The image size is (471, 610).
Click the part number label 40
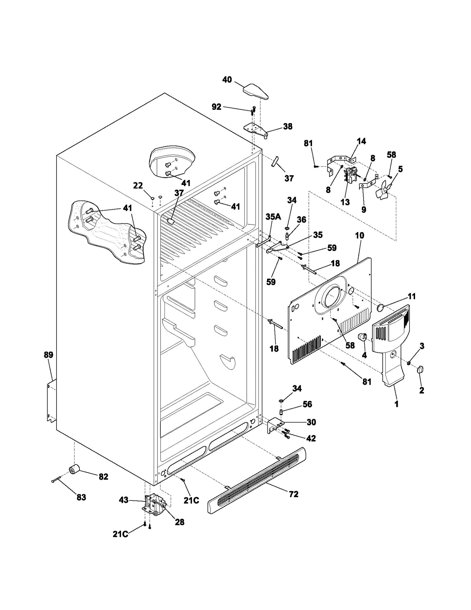click(227, 80)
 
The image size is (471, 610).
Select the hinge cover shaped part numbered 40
click(256, 91)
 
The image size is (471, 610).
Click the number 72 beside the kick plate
click(293, 494)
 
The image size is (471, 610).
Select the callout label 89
click(49, 355)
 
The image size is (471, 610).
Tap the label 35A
click(273, 217)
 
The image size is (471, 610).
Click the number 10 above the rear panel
click(359, 235)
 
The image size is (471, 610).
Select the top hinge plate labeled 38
click(256, 130)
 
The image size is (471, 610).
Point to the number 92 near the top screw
click(216, 107)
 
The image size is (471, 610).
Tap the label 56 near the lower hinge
click(307, 404)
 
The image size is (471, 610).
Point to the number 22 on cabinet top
click(138, 186)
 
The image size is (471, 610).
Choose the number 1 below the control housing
click(397, 404)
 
